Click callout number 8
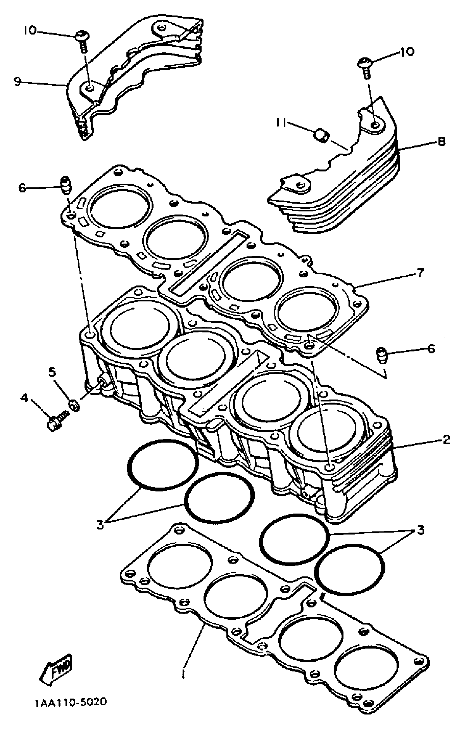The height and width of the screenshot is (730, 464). click(441, 141)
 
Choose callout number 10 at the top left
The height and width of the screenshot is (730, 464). click(29, 30)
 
